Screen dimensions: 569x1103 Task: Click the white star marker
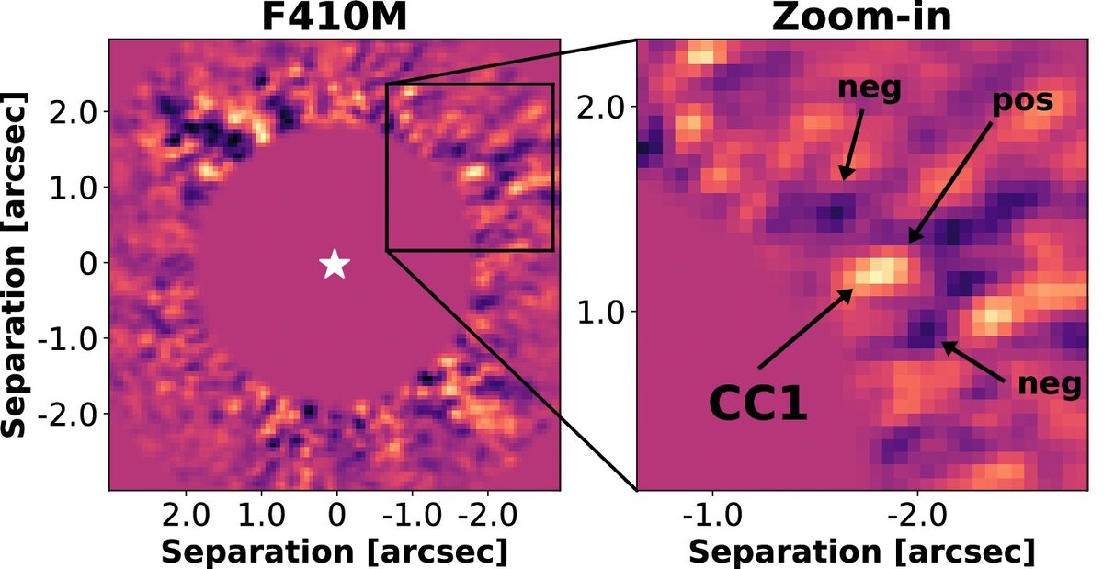coord(335,264)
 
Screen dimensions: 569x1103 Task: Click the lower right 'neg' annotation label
coord(1049,386)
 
